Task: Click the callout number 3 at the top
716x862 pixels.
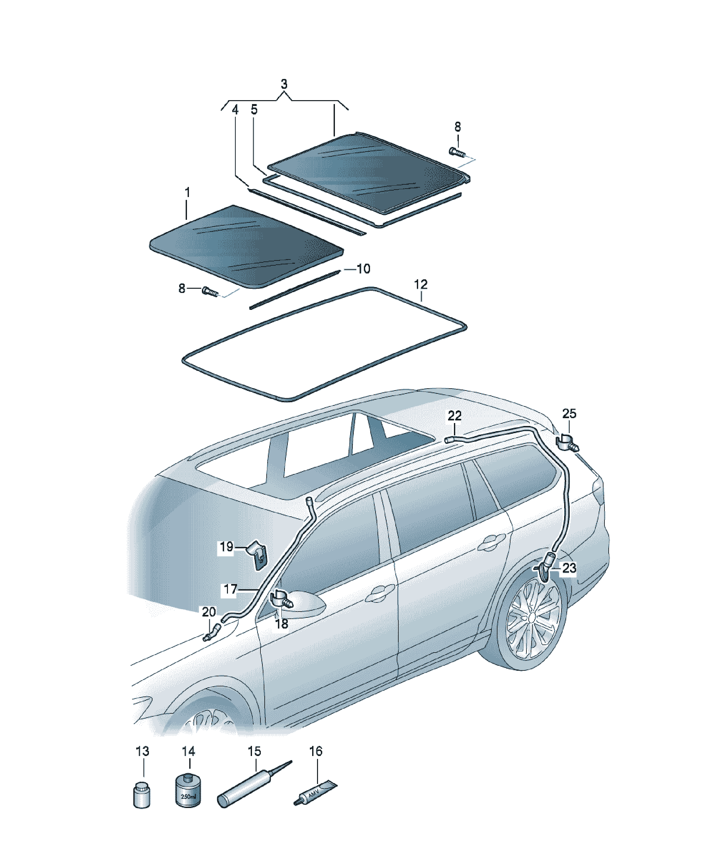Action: pyautogui.click(x=284, y=84)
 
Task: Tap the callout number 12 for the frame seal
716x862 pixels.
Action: pyautogui.click(x=421, y=285)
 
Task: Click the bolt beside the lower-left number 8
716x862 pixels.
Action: pyautogui.click(x=210, y=292)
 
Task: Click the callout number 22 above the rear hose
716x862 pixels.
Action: pyautogui.click(x=455, y=416)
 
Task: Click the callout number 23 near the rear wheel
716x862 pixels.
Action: pyautogui.click(x=569, y=568)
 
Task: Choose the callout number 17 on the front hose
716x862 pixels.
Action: pyautogui.click(x=230, y=589)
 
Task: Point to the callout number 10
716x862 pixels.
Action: pyautogui.click(x=364, y=269)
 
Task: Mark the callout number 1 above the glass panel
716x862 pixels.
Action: pyautogui.click(x=187, y=192)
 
